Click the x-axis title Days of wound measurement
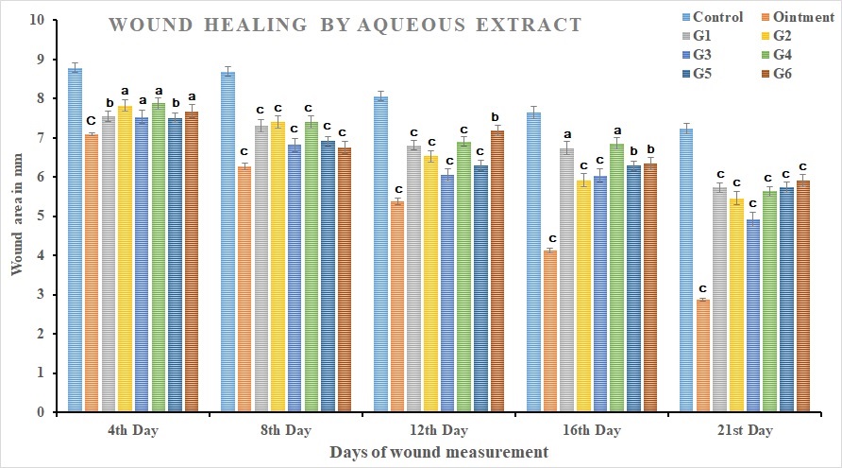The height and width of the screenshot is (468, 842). click(439, 453)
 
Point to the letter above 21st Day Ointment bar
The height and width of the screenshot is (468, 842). click(703, 288)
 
